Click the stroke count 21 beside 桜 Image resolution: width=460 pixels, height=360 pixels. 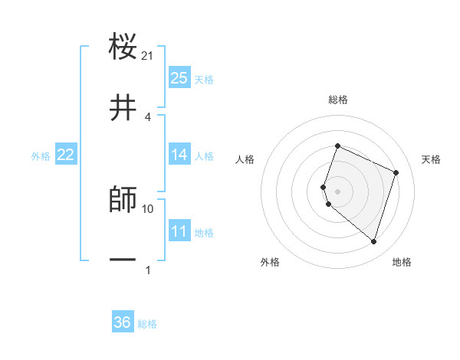pyautogui.click(x=148, y=56)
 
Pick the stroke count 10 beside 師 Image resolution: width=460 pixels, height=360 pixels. pyautogui.click(x=148, y=208)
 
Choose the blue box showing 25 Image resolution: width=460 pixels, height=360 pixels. pyautogui.click(x=179, y=78)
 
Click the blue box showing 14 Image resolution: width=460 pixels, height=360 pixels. pyautogui.click(x=179, y=155)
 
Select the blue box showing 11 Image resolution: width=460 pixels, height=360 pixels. pyautogui.click(x=179, y=231)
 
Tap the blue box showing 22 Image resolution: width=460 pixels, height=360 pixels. pyautogui.click(x=66, y=155)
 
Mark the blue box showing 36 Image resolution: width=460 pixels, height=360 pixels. pyautogui.click(x=123, y=322)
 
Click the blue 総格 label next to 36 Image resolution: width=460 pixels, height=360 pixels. pyautogui.click(x=147, y=324)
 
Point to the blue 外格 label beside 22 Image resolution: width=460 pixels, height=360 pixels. pyautogui.click(x=41, y=156)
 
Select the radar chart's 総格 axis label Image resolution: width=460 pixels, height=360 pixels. pyautogui.click(x=338, y=100)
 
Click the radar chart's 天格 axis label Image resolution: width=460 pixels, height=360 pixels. pyautogui.click(x=431, y=159)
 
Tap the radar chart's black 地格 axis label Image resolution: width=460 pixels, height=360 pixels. pyautogui.click(x=402, y=262)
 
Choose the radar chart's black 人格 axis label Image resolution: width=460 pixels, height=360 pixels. pyautogui.click(x=245, y=159)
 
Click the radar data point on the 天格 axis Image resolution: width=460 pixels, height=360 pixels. pyautogui.click(x=396, y=172)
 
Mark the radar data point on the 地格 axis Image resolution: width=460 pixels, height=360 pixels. pyautogui.click(x=373, y=242)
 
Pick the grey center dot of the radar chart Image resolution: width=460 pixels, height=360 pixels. pyautogui.click(x=338, y=191)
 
